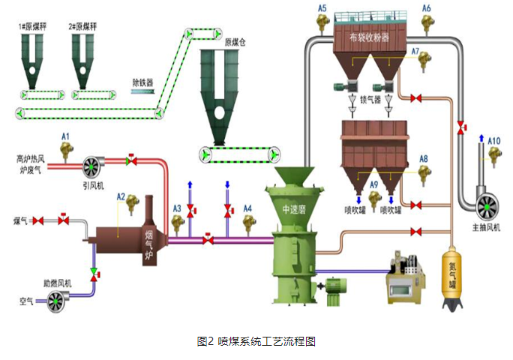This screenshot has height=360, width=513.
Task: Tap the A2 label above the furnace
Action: [x=120, y=196]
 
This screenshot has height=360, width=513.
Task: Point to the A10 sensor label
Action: [x=494, y=140]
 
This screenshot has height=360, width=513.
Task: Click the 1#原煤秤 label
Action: [x=33, y=26]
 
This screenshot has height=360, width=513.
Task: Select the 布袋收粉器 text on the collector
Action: [x=369, y=35]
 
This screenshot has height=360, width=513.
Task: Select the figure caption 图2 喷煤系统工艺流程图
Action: [x=256, y=341]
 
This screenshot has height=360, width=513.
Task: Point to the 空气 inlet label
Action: [x=27, y=300]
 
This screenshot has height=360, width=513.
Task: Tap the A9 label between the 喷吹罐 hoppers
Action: [x=373, y=183]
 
